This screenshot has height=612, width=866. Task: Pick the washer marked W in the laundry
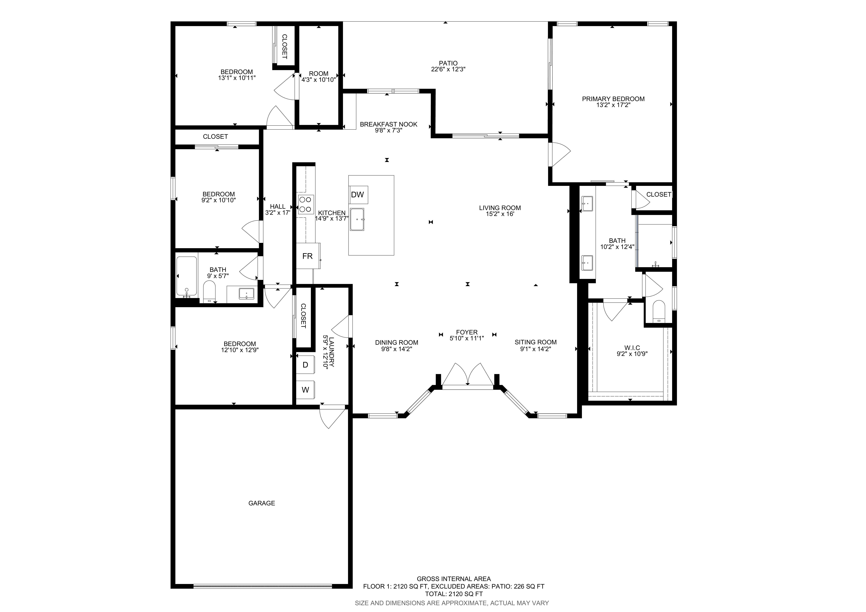(306, 390)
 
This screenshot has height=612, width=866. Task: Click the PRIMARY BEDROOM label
(613, 99)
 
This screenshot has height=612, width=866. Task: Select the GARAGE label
(262, 503)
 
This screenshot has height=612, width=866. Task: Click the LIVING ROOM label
(500, 208)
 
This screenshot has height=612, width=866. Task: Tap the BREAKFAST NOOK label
(389, 124)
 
